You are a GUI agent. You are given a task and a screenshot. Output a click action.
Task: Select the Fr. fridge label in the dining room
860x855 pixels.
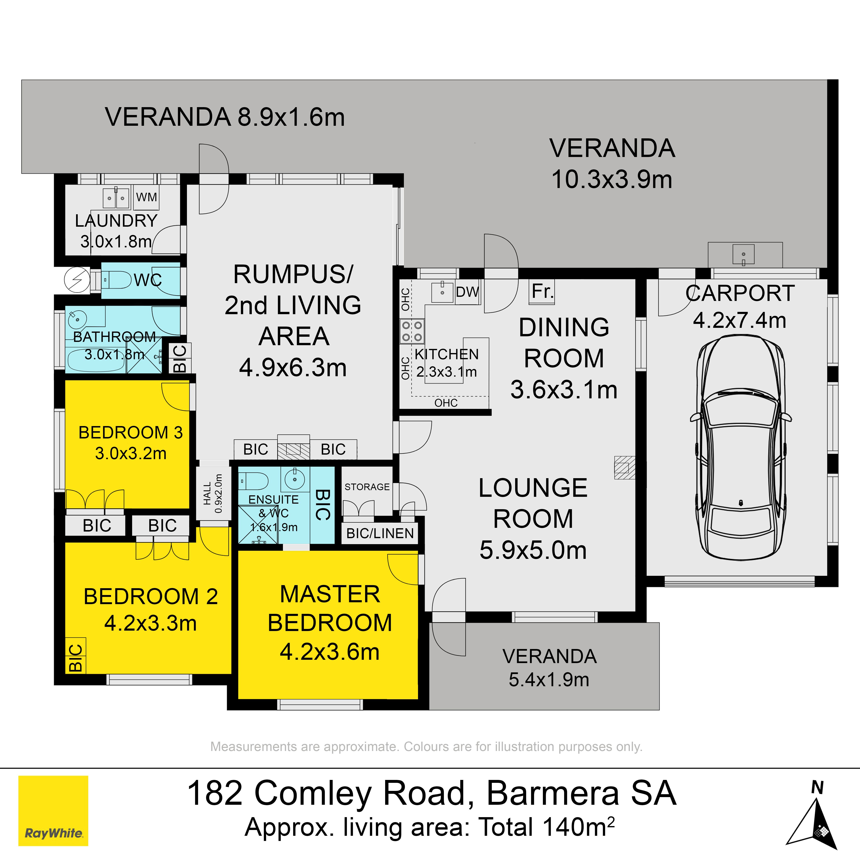[x=542, y=292]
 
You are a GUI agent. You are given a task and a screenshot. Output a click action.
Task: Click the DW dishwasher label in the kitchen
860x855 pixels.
[x=467, y=292]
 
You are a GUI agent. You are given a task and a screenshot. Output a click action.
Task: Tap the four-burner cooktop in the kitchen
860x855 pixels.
[x=412, y=331]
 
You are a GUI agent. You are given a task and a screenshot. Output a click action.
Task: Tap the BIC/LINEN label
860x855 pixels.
[x=380, y=533]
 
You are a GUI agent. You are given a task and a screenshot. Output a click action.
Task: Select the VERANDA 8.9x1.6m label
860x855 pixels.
[x=225, y=117]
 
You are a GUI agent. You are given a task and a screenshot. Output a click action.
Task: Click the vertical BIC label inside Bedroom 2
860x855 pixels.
[x=76, y=658]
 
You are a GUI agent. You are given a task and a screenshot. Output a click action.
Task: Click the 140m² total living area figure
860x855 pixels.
[x=579, y=827]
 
